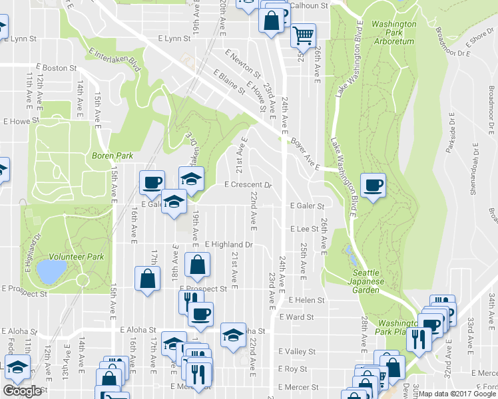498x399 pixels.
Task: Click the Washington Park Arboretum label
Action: [x=393, y=33]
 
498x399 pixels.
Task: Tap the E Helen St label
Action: [x=306, y=300]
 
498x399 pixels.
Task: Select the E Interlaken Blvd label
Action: [x=115, y=61]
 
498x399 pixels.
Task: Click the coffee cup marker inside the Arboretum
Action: [x=373, y=185]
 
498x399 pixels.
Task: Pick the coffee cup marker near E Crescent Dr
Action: [x=152, y=182]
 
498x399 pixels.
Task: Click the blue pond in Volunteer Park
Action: [x=51, y=271]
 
